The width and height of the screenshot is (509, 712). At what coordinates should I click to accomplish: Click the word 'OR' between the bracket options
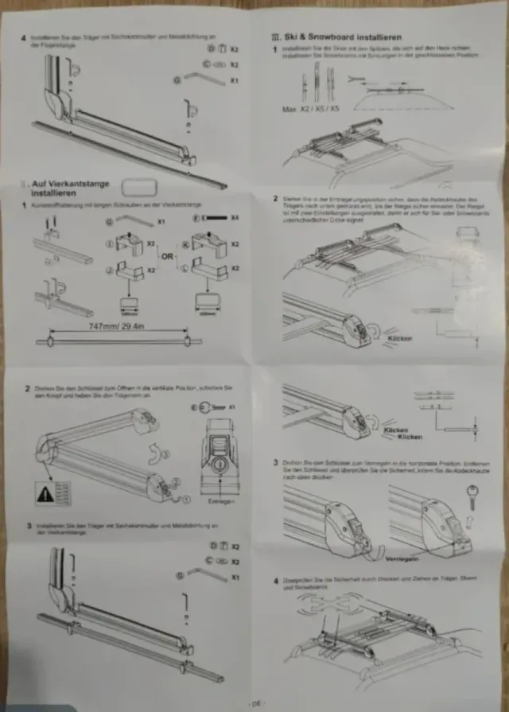click(168, 256)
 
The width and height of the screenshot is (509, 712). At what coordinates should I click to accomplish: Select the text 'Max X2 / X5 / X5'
click(314, 107)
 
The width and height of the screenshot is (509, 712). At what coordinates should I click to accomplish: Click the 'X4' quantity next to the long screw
click(235, 217)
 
